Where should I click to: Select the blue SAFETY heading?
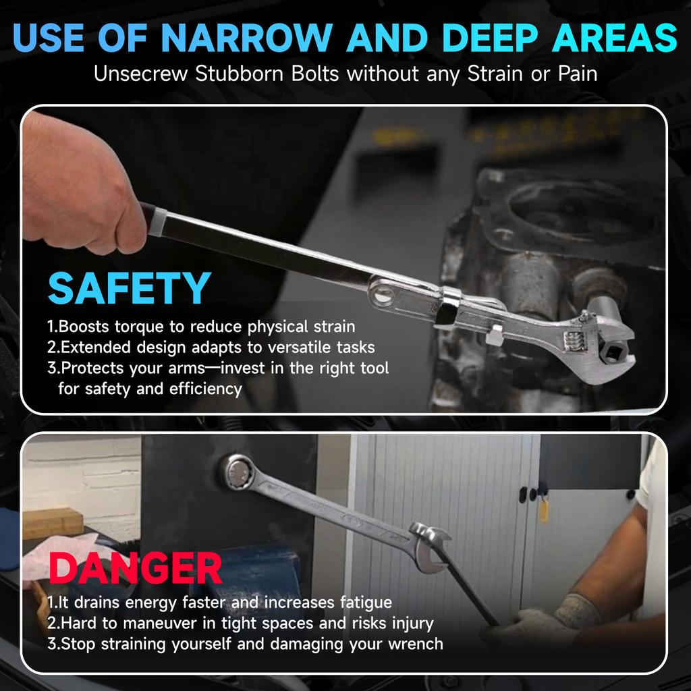[130, 288]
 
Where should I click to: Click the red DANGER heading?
[136, 568]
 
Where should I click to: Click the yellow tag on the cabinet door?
[543, 507]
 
